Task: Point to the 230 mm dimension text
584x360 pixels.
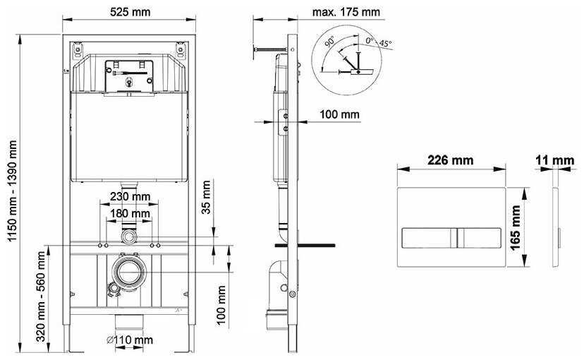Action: [130, 196]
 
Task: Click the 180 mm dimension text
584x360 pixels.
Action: [130, 213]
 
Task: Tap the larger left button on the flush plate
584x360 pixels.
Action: [427, 237]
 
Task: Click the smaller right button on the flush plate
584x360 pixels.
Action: [479, 237]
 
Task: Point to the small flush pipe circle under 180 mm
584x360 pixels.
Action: [129, 234]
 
